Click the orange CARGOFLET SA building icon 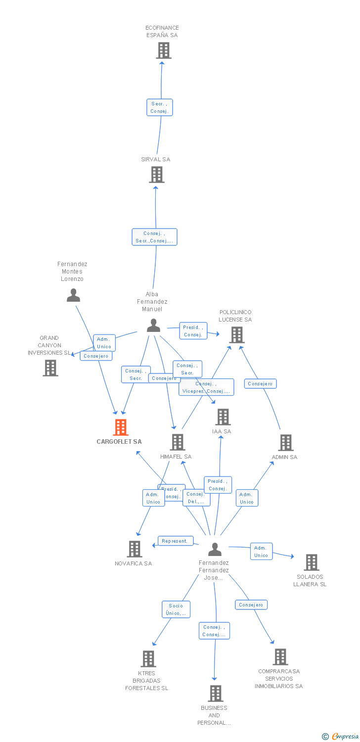tap(121, 427)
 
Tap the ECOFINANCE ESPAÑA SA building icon tap(163, 50)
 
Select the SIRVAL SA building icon tap(156, 175)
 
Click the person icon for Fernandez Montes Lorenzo tap(73, 295)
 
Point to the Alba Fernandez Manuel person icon tap(153, 325)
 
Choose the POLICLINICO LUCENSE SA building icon tap(237, 335)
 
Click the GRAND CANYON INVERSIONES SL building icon tap(50, 368)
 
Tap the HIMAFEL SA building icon tap(177, 442)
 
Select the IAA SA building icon tap(223, 417)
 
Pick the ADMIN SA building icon tap(285, 443)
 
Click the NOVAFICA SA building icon tap(135, 549)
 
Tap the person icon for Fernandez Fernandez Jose tap(214, 549)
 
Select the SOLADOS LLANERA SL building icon tap(311, 562)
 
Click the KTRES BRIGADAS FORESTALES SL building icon tap(148, 659)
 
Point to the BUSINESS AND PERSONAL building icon tap(215, 694)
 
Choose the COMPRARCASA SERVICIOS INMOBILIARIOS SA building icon tap(280, 657)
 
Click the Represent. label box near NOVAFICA tap(175, 541)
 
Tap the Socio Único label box tap(176, 609)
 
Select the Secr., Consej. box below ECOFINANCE tap(160, 107)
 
